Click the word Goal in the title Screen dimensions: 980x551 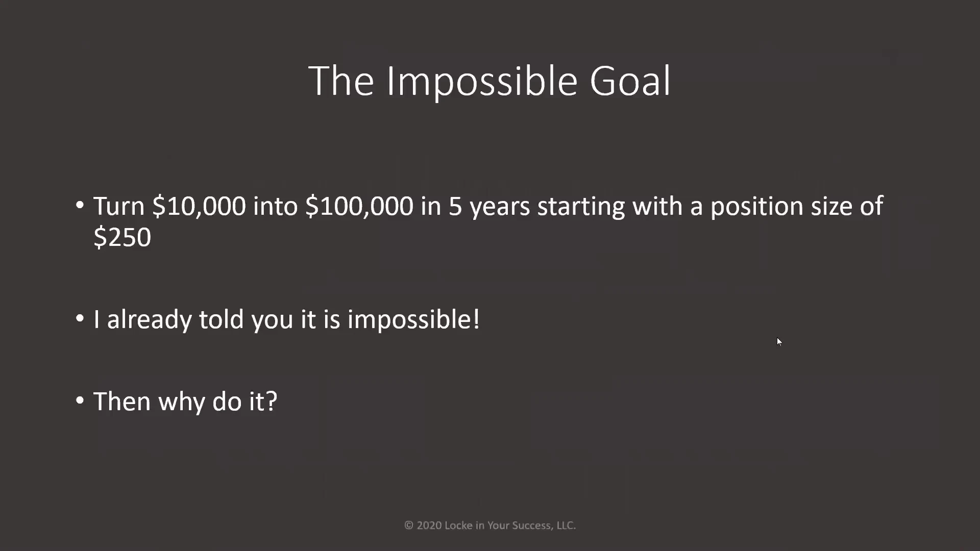tap(630, 81)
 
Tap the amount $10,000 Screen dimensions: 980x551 tap(199, 207)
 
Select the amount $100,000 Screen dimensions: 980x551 tap(359, 207)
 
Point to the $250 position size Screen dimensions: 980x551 tap(122, 237)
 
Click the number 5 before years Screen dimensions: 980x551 tap(455, 207)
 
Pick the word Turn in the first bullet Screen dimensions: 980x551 tap(119, 207)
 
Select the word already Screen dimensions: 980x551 tap(149, 320)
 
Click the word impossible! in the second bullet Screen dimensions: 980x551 tap(413, 320)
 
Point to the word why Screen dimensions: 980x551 tap(182, 402)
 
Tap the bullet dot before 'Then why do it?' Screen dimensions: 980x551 tap(80, 400)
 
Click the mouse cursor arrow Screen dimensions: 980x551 tap(779, 342)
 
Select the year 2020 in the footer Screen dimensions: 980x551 tap(429, 525)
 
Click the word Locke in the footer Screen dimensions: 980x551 tap(458, 525)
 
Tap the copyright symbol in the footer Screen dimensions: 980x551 tap(409, 525)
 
